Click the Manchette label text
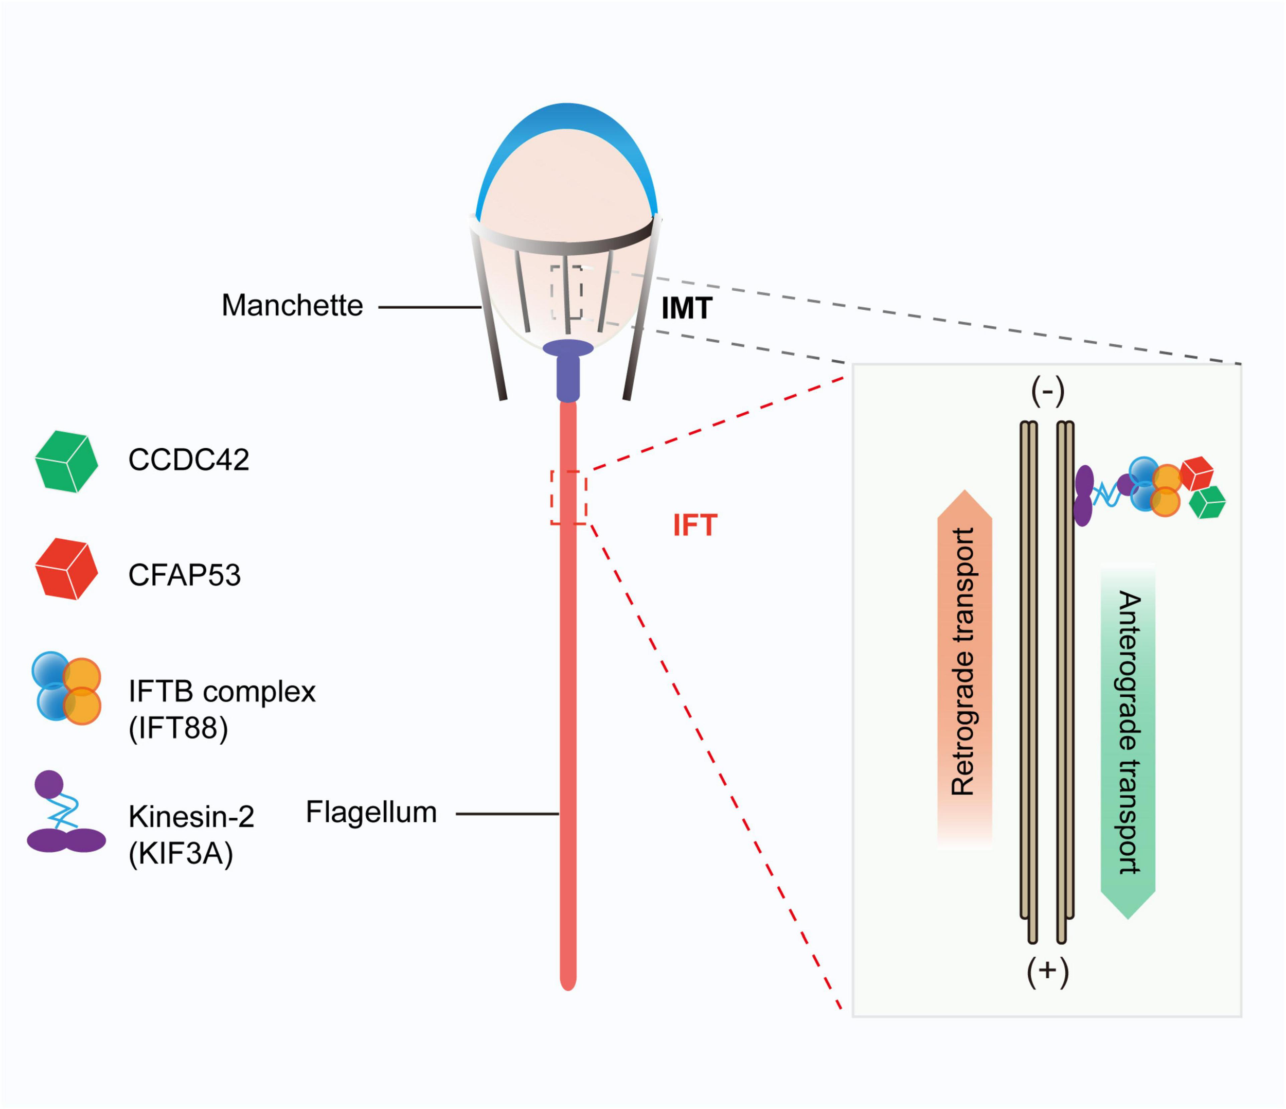click(292, 306)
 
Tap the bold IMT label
click(686, 309)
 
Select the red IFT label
click(694, 525)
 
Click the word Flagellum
click(371, 812)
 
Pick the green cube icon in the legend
click(66, 462)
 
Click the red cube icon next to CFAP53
click(66, 569)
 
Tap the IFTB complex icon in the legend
click(66, 688)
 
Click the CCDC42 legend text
click(189, 460)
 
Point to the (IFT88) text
click(178, 727)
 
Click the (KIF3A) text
click(181, 854)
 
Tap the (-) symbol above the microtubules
click(1048, 391)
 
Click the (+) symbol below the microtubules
click(1048, 973)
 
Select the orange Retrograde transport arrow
click(964, 664)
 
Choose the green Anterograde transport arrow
click(1128, 739)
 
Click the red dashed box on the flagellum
click(568, 497)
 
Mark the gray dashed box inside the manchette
click(566, 292)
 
